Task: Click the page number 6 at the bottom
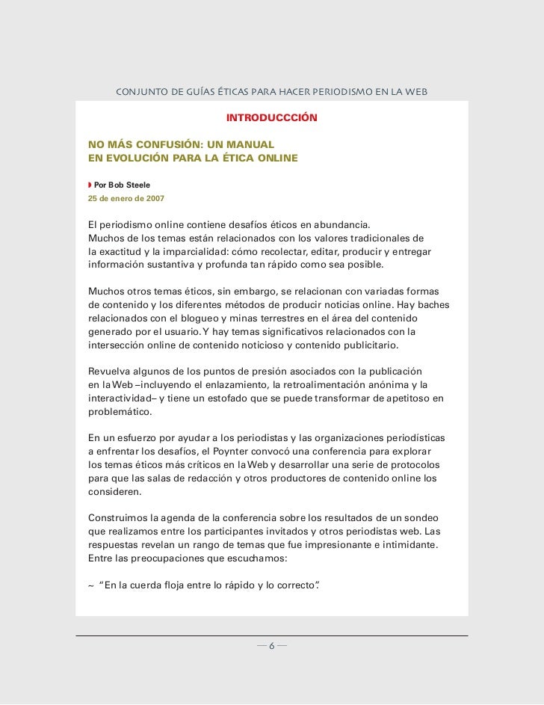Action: (272, 646)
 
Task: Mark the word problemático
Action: (119, 412)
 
